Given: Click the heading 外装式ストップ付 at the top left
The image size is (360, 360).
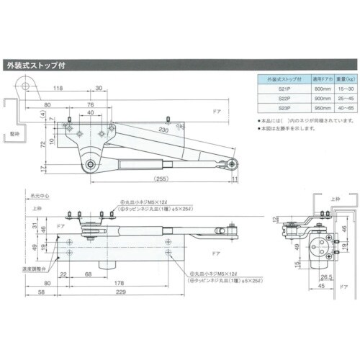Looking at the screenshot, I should point(36,63).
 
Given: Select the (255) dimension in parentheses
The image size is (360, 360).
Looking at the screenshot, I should point(161,176).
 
